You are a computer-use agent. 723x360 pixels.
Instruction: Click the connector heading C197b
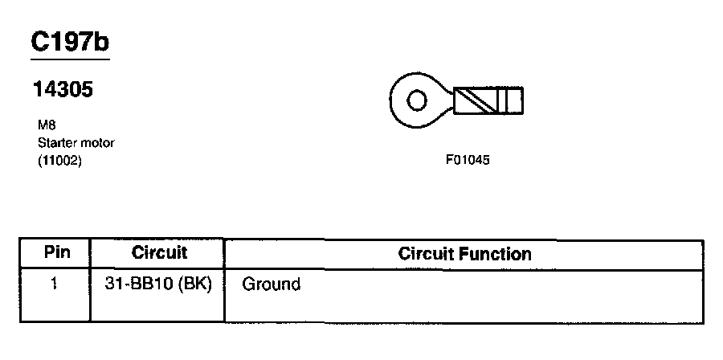click(x=69, y=42)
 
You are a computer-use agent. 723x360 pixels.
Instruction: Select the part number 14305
click(x=63, y=90)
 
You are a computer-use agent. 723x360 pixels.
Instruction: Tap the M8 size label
click(x=45, y=126)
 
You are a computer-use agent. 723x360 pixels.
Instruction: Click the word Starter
click(x=56, y=143)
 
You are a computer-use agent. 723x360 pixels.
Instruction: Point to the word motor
click(x=97, y=143)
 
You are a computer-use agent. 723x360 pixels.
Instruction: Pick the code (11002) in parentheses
click(x=59, y=160)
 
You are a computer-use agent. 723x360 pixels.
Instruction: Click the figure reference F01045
click(x=468, y=160)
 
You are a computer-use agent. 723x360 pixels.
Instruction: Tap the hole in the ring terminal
click(x=417, y=102)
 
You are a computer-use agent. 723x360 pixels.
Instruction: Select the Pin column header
click(x=56, y=252)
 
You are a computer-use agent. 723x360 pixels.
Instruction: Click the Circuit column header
click(x=159, y=252)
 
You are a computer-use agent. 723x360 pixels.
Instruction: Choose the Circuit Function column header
click(x=464, y=254)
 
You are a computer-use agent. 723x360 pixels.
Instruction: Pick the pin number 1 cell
click(x=54, y=284)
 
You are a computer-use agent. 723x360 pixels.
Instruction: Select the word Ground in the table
click(x=271, y=284)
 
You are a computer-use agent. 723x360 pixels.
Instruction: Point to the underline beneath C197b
click(x=69, y=59)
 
